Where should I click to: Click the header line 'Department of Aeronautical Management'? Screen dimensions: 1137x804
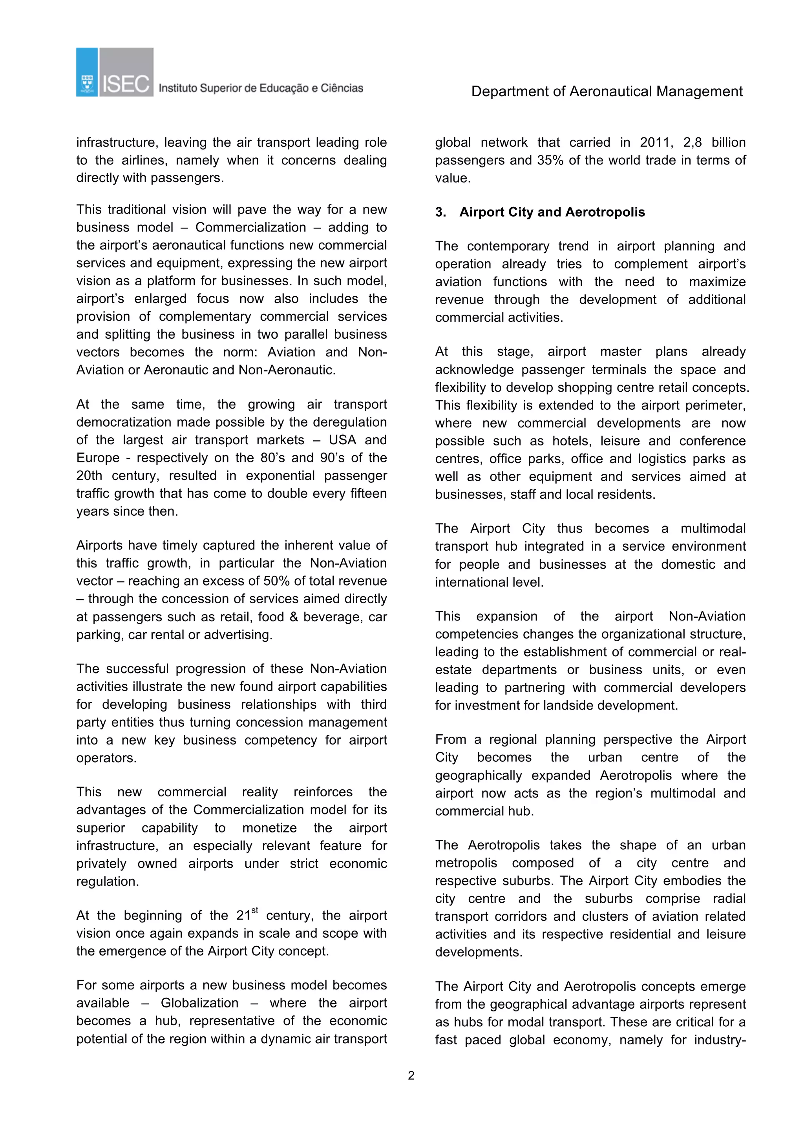607,91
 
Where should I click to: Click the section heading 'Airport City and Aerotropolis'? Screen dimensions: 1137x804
552,212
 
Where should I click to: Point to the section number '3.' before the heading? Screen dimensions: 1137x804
440,212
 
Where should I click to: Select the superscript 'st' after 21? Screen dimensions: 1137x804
255,910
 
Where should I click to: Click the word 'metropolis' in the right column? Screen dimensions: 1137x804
466,863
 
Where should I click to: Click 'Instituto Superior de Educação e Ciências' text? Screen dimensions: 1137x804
261,89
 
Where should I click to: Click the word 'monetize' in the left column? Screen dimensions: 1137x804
269,828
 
